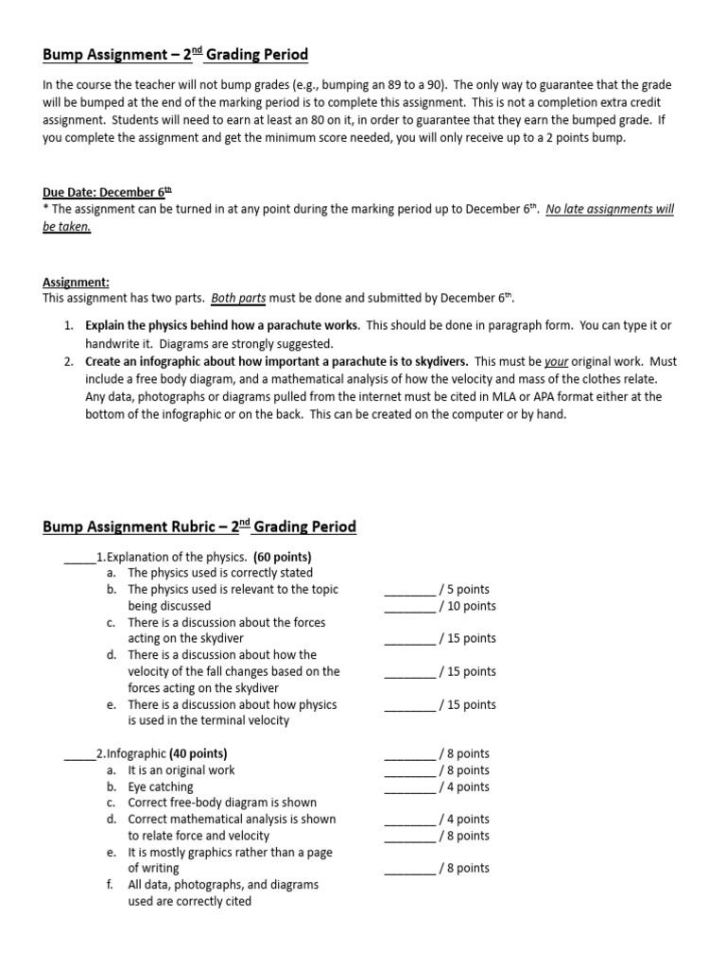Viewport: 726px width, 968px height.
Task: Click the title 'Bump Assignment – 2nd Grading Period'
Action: coord(175,55)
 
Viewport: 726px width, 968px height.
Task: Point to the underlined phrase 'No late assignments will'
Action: coord(610,210)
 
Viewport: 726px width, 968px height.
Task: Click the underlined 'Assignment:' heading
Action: coord(77,281)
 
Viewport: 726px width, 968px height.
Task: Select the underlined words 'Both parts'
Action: coord(239,297)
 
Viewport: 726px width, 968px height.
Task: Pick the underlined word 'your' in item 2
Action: coord(556,361)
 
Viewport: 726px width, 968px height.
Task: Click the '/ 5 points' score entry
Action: coord(464,589)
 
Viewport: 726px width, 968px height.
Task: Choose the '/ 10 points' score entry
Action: coord(467,606)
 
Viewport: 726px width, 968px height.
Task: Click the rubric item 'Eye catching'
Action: coord(161,786)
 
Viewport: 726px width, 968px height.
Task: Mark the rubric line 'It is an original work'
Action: coord(181,769)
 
